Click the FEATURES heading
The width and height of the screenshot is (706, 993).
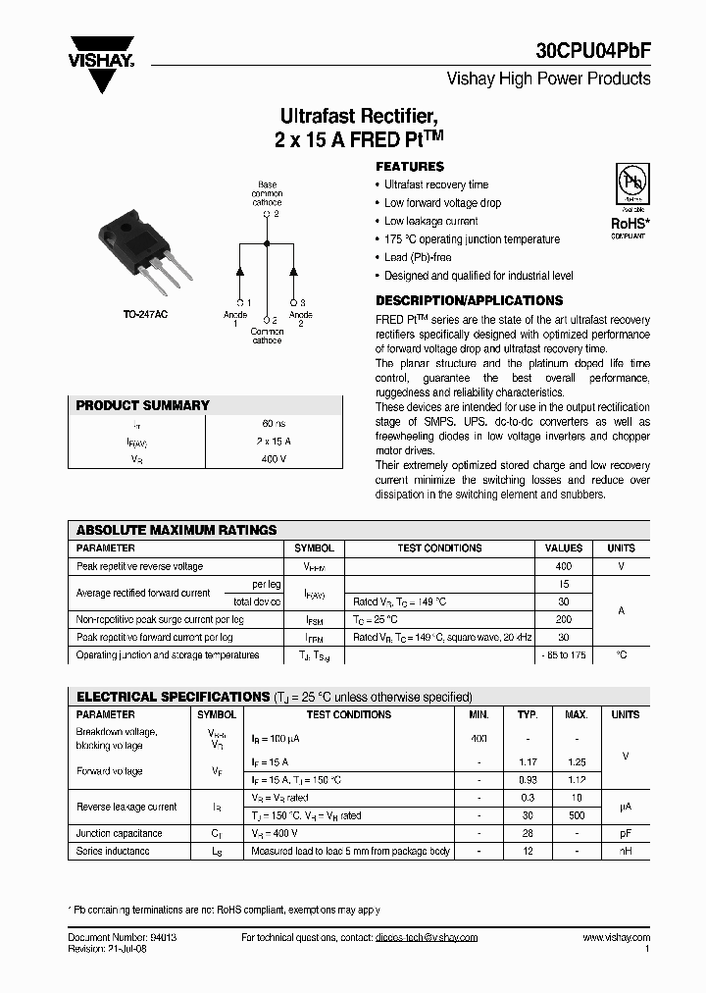coord(410,167)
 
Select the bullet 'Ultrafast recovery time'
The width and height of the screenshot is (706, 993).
coord(435,185)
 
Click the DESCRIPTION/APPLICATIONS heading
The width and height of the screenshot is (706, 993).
coord(469,301)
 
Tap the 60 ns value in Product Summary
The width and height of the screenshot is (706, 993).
coord(274,423)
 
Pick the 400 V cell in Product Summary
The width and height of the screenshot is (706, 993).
coord(274,458)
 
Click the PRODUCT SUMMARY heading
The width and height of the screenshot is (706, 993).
coord(143,405)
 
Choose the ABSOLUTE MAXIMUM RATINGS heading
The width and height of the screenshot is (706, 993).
coord(176,530)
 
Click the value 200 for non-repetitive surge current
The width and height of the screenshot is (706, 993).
coord(563,619)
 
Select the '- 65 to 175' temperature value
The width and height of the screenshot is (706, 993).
coord(563,654)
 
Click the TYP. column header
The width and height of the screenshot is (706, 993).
coord(528,714)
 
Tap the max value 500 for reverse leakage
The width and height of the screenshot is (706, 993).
coord(578,815)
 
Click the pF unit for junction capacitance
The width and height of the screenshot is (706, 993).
coord(625,833)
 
